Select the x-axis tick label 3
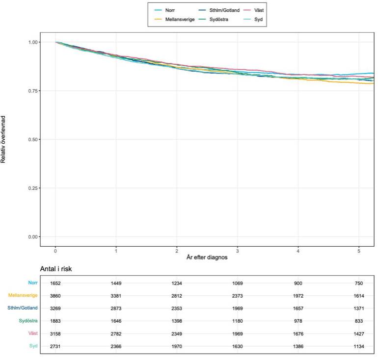237,250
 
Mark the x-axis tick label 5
358,250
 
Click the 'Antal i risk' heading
56,269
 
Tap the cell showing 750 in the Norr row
359,283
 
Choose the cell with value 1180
238,321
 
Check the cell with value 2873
116,308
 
